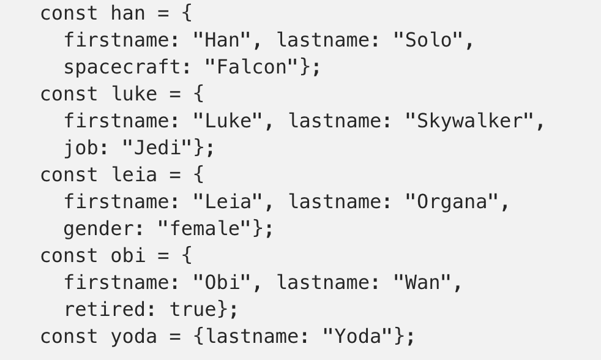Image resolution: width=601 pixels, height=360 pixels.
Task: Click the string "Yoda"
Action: pos(357,336)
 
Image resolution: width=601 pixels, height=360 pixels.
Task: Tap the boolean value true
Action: pos(193,309)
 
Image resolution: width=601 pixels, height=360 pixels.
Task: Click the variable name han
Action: pos(129,13)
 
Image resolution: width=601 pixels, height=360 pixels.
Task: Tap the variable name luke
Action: pos(134,94)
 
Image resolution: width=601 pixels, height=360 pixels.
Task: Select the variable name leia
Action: pos(134,174)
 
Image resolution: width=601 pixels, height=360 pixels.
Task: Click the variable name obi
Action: pos(129,255)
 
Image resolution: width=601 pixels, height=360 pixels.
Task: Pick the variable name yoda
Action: pos(134,336)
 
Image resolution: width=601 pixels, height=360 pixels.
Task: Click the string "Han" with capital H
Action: pos(222,40)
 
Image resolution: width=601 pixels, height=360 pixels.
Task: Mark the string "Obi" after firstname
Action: pos(222,282)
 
